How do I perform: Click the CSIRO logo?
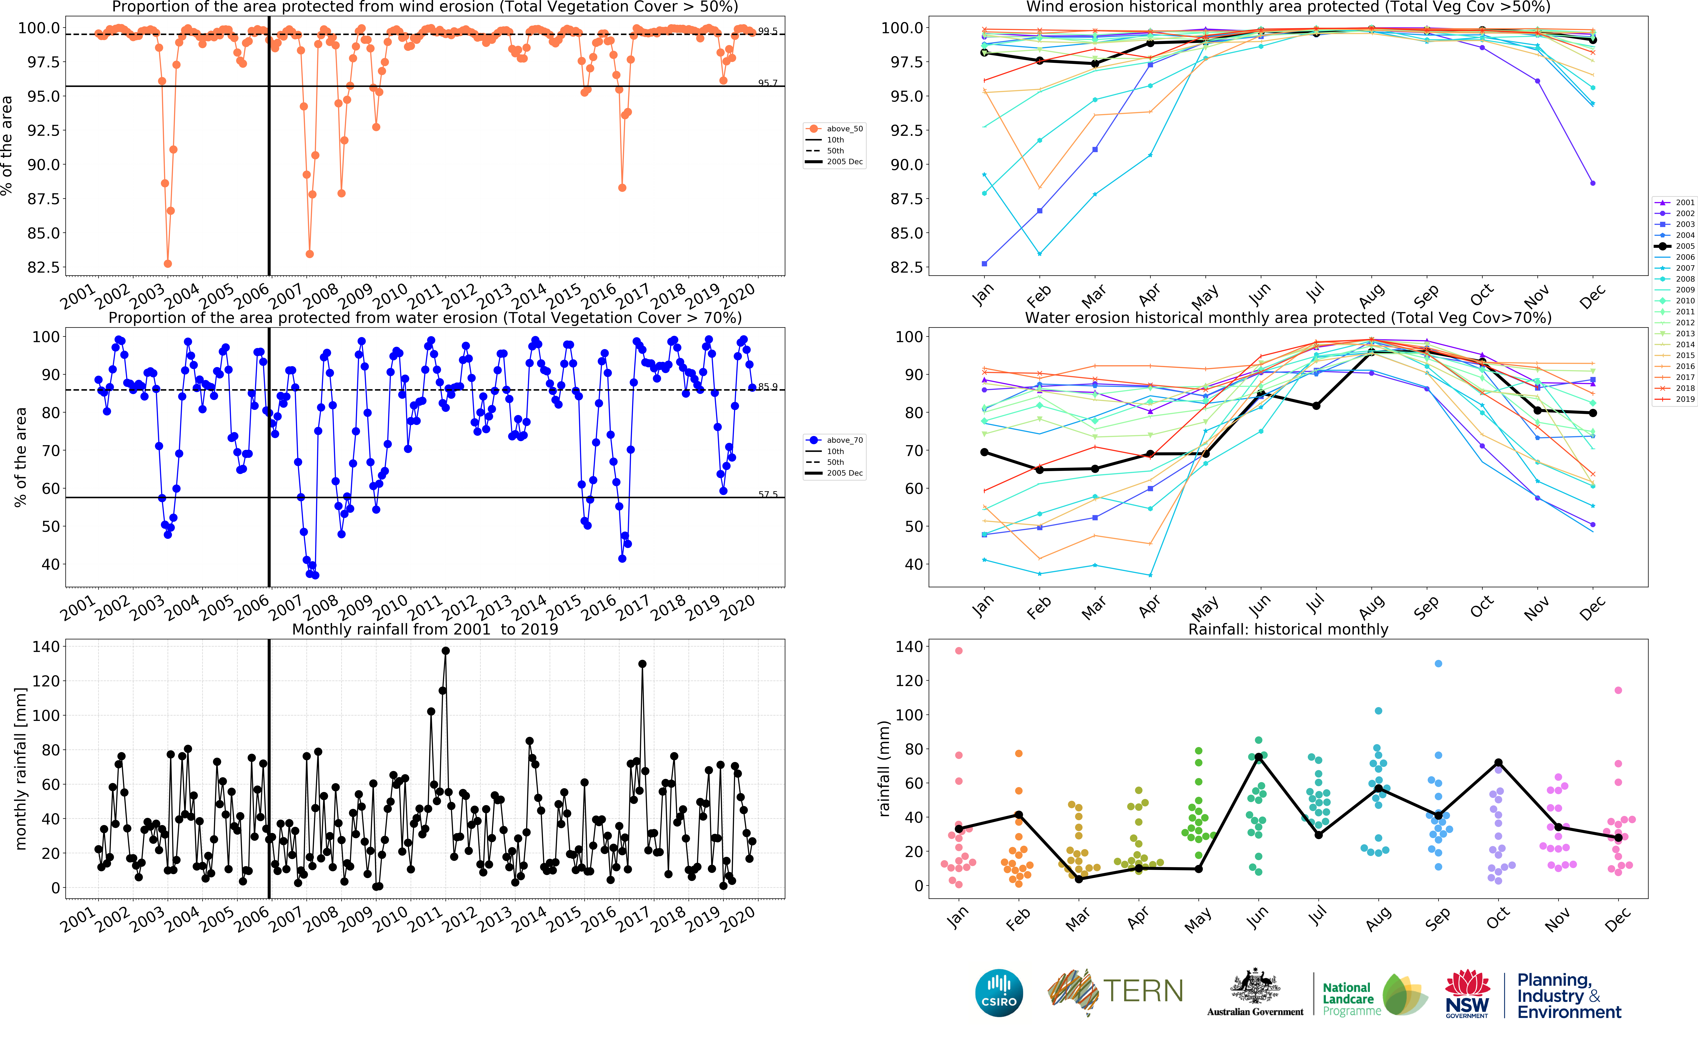999,993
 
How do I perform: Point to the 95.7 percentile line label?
768,83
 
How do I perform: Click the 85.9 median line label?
768,386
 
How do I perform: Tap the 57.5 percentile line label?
768,494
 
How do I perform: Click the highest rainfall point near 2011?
445,651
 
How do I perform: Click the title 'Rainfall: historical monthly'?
1288,629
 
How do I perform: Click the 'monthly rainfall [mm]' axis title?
21,768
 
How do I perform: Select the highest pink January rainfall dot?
958,651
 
